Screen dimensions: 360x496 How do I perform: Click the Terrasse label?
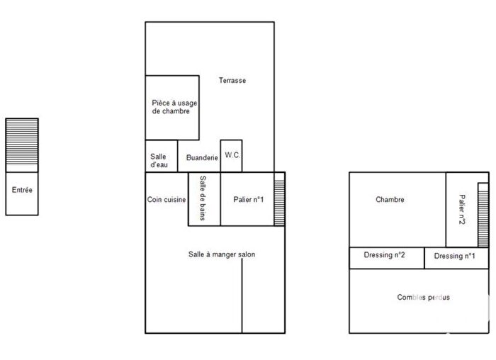232,81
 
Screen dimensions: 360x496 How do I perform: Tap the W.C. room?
232,155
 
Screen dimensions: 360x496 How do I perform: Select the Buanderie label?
202,158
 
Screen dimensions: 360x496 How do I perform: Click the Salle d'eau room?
159,161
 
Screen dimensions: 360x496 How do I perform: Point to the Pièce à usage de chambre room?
171,107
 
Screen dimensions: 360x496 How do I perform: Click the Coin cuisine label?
167,200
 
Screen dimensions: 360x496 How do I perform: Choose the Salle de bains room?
203,199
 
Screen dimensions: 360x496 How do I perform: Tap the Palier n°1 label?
248,200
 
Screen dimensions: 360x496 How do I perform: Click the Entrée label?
22,190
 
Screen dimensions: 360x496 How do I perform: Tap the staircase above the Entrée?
22,145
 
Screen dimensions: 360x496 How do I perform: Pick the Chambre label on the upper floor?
390,200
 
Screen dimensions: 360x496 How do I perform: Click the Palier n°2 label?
461,210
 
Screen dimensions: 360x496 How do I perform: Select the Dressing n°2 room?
386,257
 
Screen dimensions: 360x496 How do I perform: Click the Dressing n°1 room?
456,257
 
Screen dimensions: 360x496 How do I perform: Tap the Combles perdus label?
424,298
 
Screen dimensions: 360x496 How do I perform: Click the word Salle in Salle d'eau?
159,157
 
